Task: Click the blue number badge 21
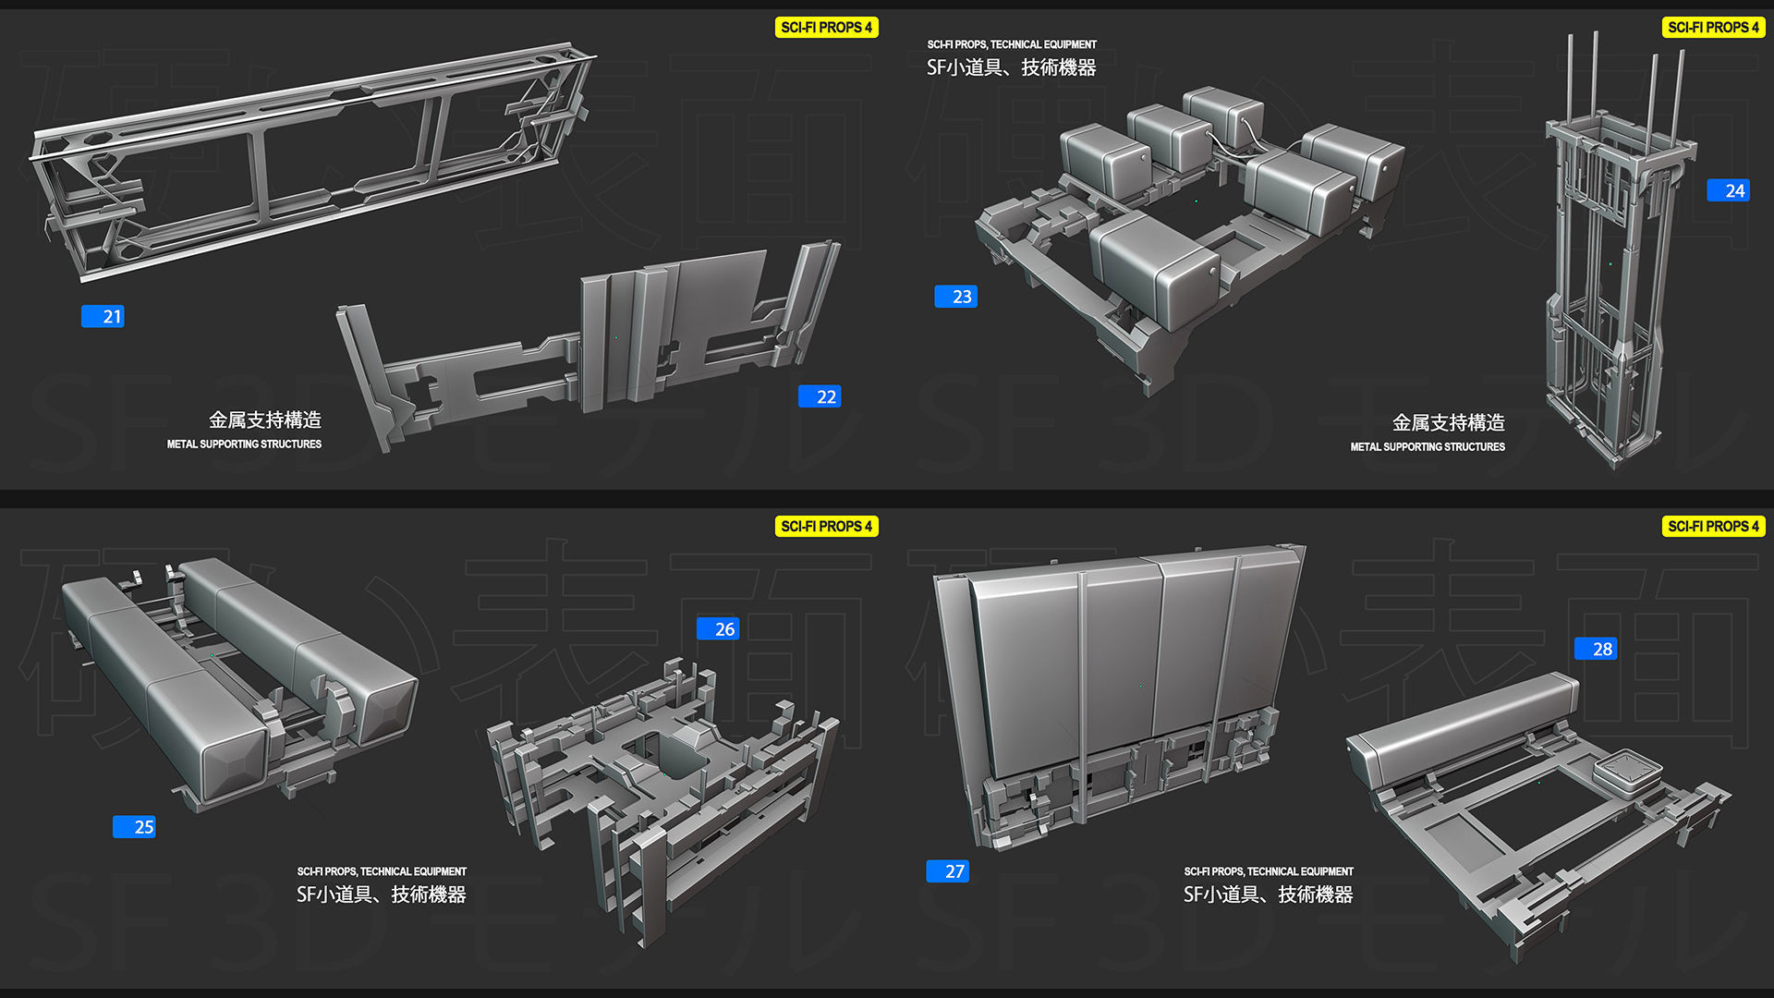tap(103, 317)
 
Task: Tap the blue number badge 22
tap(820, 397)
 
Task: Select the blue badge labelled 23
tap(955, 297)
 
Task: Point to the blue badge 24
tap(1728, 191)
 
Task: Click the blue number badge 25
tap(134, 827)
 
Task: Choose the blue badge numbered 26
tap(718, 629)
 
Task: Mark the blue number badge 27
tap(948, 871)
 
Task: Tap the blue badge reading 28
tap(1596, 650)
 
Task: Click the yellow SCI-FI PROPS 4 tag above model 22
tap(826, 28)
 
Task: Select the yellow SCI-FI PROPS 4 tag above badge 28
tap(1713, 527)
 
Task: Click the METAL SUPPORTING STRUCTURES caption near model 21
tap(244, 444)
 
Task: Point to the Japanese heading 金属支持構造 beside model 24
tap(1448, 423)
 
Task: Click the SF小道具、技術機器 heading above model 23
tap(1011, 67)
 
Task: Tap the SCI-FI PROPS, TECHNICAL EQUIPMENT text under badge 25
tap(382, 871)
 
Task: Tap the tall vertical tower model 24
tap(1612, 277)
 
